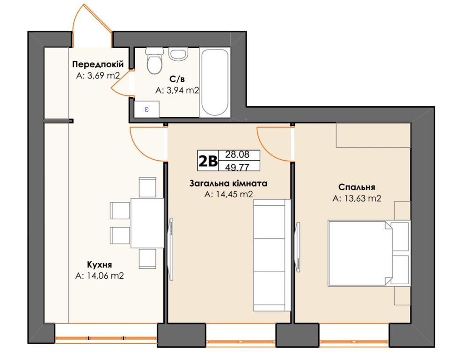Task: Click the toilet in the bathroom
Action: click(154, 61)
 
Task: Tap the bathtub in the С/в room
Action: click(215, 82)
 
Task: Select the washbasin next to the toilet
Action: click(178, 54)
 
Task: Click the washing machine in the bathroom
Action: click(146, 109)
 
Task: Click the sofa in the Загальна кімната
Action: click(272, 255)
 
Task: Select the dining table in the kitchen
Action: click(147, 223)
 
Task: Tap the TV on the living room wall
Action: click(171, 249)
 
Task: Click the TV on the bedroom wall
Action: click(298, 247)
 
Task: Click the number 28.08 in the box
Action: click(237, 154)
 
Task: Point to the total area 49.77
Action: click(237, 166)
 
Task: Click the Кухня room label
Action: click(99, 265)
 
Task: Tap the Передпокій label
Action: click(98, 64)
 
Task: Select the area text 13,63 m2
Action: click(357, 198)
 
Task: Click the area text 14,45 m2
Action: click(229, 194)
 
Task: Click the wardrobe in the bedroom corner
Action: click(373, 135)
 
